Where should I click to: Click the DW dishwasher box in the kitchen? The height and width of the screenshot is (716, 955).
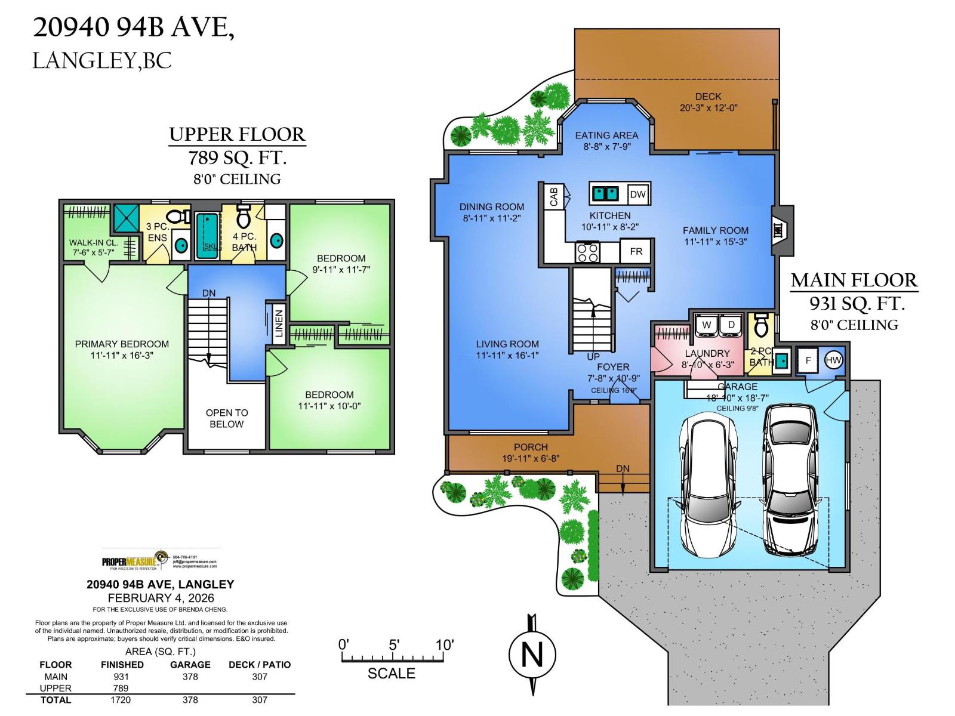[x=637, y=195]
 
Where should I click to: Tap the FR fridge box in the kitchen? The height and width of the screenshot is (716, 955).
[x=636, y=251]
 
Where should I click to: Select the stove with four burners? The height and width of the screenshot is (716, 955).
[x=587, y=252]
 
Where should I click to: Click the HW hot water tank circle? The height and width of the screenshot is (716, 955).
[x=833, y=360]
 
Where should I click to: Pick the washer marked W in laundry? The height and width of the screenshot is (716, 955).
[x=707, y=325]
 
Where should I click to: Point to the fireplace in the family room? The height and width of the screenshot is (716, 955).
[x=780, y=230]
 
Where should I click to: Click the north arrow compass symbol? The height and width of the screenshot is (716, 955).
[x=532, y=655]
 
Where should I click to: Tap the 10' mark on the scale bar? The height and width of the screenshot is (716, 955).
[x=445, y=645]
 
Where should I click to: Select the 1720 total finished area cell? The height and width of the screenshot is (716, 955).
[x=121, y=700]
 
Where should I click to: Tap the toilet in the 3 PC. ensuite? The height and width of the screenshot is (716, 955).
[x=177, y=216]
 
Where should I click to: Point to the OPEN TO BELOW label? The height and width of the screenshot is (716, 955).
[x=226, y=418]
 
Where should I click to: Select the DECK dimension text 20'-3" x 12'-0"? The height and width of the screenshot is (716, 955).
[x=708, y=108]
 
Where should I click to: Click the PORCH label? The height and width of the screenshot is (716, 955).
[x=531, y=447]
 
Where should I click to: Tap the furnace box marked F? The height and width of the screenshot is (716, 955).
[x=808, y=360]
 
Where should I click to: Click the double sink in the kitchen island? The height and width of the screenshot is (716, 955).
[x=605, y=194]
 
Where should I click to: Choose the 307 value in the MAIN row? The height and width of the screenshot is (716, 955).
[x=260, y=677]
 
